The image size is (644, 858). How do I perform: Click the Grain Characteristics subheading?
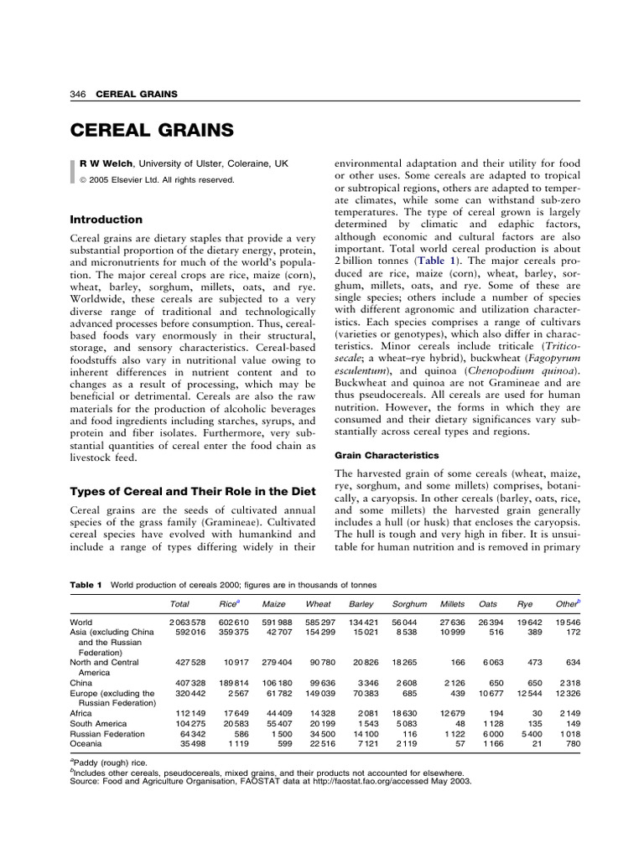387,456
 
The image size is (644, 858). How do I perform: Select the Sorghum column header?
409,603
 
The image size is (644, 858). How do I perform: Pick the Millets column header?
452,603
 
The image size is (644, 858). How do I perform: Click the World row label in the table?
82,623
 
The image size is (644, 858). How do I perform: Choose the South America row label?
98,724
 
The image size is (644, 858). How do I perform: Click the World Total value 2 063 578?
187,623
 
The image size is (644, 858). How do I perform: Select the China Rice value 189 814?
234,683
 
